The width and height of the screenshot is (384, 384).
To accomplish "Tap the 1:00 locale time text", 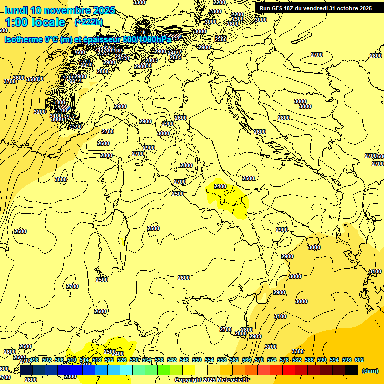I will pos(35,22).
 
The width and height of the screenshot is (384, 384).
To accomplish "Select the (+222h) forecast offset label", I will pos(88,22).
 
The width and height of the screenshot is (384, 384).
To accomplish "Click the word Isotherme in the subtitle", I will pos(23,39).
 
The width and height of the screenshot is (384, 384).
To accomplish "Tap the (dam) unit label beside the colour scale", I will pos(370,371).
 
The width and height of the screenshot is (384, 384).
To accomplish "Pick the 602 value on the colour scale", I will pos(359,360).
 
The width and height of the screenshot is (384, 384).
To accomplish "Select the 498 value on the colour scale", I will pos(34,360).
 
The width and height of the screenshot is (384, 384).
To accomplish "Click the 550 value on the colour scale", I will pos(196,360).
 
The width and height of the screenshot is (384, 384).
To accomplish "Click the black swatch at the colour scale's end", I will pos(351,370).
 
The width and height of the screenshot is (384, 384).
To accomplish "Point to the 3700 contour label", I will pos(10,81).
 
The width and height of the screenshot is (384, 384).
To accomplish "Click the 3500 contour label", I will pos(34,79).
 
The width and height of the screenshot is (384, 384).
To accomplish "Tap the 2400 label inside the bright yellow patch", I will pos(220,186).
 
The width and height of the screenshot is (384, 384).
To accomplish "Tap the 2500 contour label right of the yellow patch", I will pos(248,178).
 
